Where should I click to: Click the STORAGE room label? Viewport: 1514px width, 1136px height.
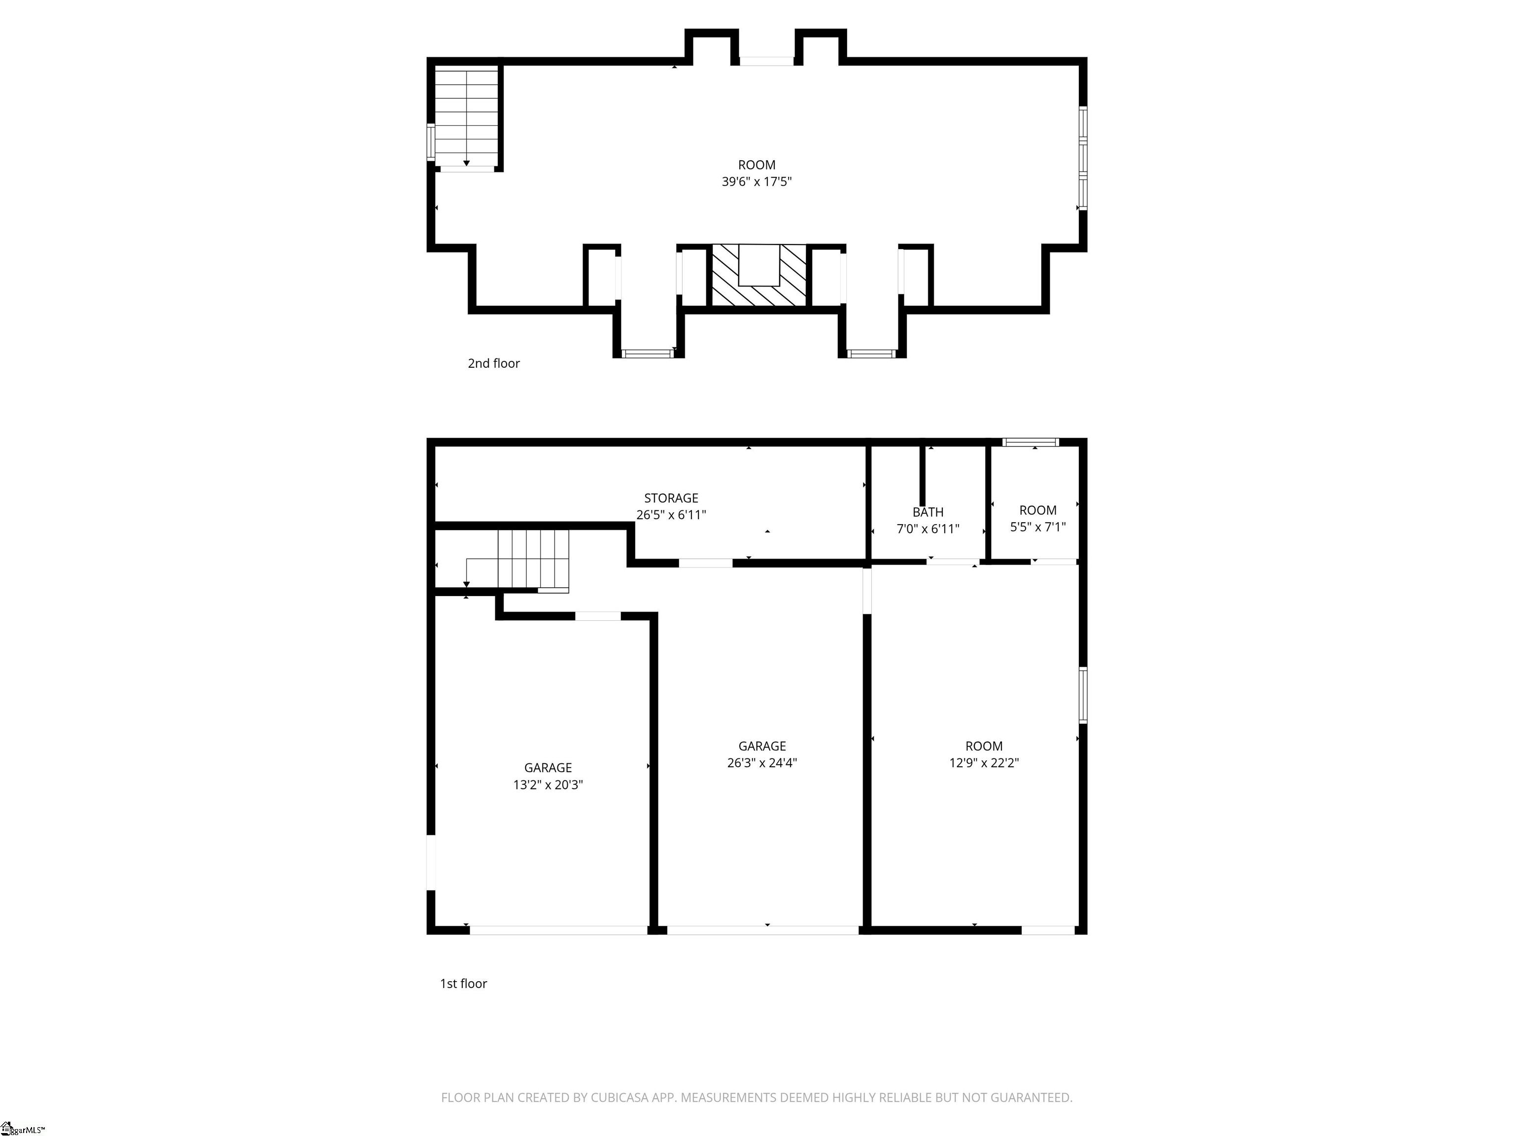click(671, 498)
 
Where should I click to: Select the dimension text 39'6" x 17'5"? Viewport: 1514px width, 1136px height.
click(757, 181)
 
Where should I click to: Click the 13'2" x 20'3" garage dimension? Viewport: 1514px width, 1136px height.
click(548, 785)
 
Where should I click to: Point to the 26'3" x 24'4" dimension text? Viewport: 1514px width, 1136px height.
click(762, 763)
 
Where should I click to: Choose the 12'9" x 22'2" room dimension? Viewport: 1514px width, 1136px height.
click(984, 763)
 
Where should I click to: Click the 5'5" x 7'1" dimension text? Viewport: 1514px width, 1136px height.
click(1037, 527)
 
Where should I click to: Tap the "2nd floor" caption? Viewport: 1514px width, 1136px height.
click(493, 363)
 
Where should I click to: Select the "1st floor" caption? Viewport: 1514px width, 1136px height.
click(463, 983)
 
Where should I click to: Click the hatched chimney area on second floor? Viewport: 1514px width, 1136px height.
click(758, 275)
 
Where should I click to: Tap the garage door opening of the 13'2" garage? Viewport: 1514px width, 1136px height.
click(558, 930)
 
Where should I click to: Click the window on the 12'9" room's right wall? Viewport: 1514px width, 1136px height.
click(1083, 695)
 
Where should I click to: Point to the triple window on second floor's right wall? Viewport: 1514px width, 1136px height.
click(1083, 158)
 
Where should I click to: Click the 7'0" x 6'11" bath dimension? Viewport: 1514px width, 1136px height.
click(928, 529)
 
